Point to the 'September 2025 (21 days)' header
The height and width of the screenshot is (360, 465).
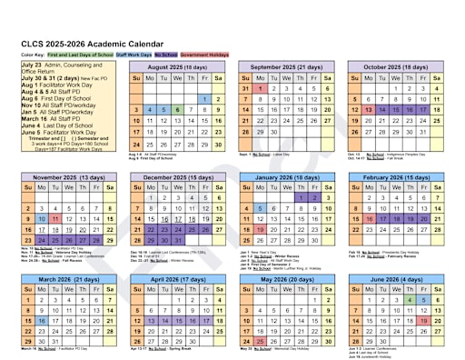(290, 67)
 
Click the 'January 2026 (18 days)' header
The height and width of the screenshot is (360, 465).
(290, 176)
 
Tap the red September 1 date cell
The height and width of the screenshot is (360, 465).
(261, 88)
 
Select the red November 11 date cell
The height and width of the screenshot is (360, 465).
(55, 219)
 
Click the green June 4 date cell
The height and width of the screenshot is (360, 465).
(410, 300)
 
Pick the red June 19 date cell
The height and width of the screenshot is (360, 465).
(424, 321)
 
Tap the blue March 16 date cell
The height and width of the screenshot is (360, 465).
(41, 321)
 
